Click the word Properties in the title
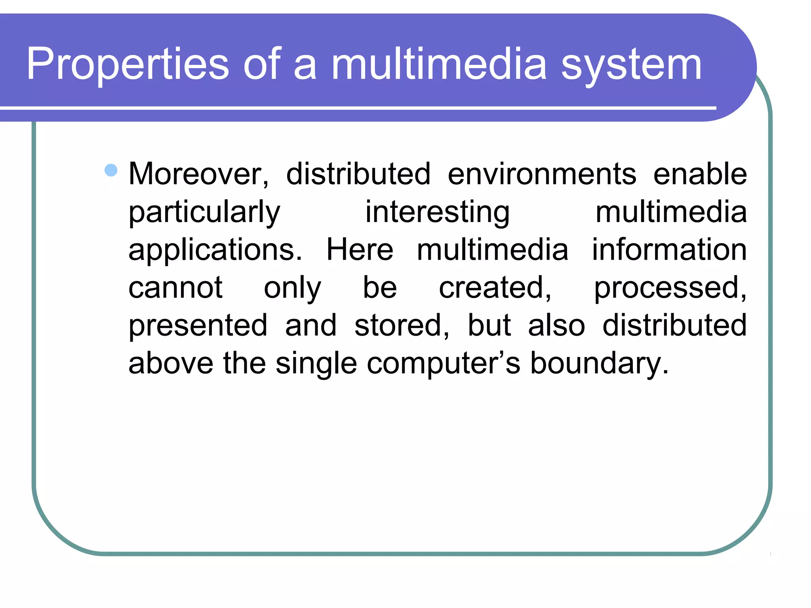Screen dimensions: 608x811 point(128,65)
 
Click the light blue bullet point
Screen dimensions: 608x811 point(111,170)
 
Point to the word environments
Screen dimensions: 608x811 point(542,174)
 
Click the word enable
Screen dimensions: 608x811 point(700,174)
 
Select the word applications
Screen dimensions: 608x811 point(215,250)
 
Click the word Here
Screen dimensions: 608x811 point(360,250)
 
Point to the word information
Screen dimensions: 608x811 point(669,250)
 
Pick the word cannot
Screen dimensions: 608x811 point(175,288)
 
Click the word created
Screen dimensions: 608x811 point(495,288)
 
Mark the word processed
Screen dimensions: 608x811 point(670,288)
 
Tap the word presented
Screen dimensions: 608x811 point(198,326)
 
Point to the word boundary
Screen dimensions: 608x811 point(599,364)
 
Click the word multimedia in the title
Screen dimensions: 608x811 point(439,65)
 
